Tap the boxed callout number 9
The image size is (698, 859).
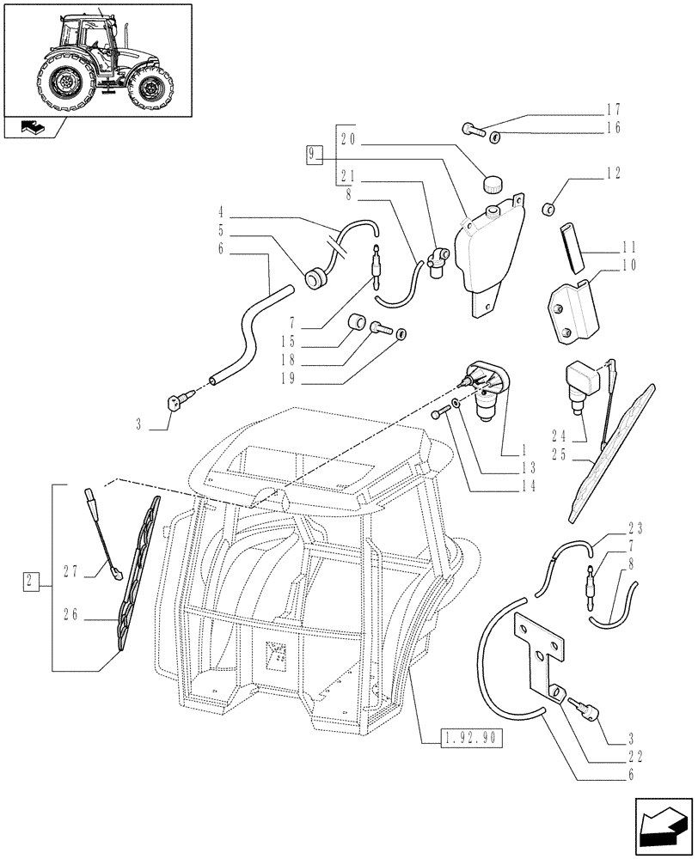pos(315,155)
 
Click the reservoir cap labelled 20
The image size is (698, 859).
pos(493,183)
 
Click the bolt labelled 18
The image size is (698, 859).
pos(381,327)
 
